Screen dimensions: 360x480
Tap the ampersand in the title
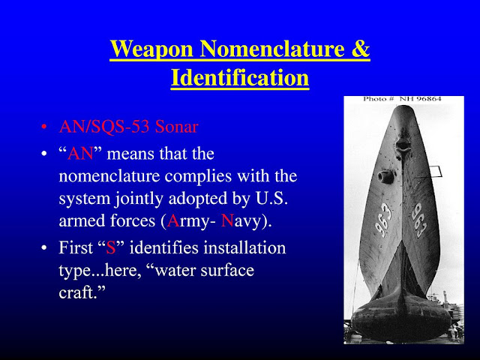pyautogui.click(x=361, y=51)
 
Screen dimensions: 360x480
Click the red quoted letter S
pyautogui.click(x=110, y=247)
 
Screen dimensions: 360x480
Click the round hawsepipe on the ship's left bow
pyautogui.click(x=386, y=177)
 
